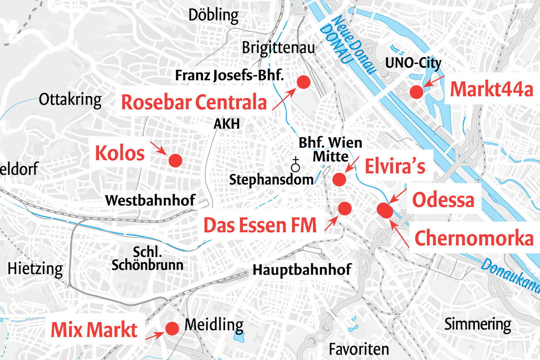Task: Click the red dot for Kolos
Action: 175,160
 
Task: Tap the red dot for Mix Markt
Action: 171,328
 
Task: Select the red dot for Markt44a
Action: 416,92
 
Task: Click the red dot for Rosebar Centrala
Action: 303,82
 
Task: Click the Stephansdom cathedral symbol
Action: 295,165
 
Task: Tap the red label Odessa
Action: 443,200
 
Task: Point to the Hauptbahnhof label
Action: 301,270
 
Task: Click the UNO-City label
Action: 413,63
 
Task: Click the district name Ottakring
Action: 70,99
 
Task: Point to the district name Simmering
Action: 477,324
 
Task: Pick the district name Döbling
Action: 213,16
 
